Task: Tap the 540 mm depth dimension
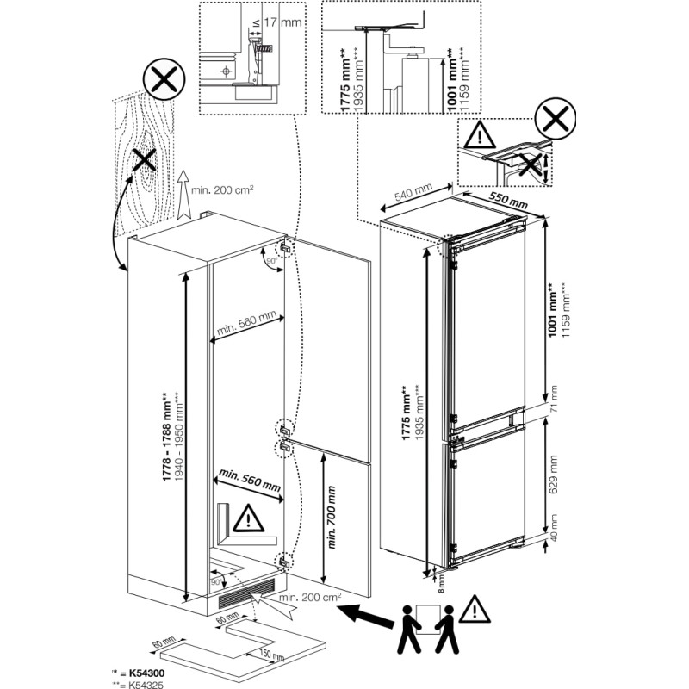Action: tap(413, 196)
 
